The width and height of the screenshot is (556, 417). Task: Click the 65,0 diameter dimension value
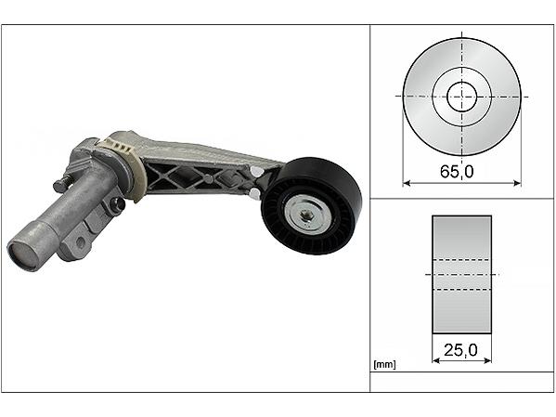click(x=457, y=172)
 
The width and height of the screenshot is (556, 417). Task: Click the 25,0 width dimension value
click(x=460, y=351)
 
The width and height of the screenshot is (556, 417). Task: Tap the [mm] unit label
click(x=384, y=364)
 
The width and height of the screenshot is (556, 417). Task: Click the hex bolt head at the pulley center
click(x=305, y=214)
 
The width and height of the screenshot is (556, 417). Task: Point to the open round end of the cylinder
click(x=21, y=254)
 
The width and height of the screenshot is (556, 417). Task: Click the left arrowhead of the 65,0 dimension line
click(x=407, y=183)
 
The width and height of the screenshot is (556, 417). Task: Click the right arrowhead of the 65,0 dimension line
click(x=517, y=183)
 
